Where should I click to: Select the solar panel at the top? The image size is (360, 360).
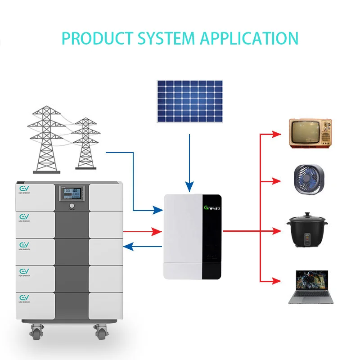pyautogui.click(x=189, y=101)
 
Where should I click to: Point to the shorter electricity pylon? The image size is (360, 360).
pyautogui.click(x=84, y=144)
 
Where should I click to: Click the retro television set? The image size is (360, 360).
pyautogui.click(x=310, y=133)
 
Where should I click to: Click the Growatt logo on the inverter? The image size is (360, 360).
pyautogui.click(x=213, y=208)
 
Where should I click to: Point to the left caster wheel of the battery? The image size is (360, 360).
pyautogui.click(x=36, y=333)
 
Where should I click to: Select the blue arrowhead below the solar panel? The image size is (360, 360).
pyautogui.click(x=189, y=186)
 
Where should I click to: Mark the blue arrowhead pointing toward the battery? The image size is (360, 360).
pyautogui.click(x=128, y=246)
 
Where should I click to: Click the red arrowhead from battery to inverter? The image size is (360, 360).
pyautogui.click(x=157, y=231)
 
